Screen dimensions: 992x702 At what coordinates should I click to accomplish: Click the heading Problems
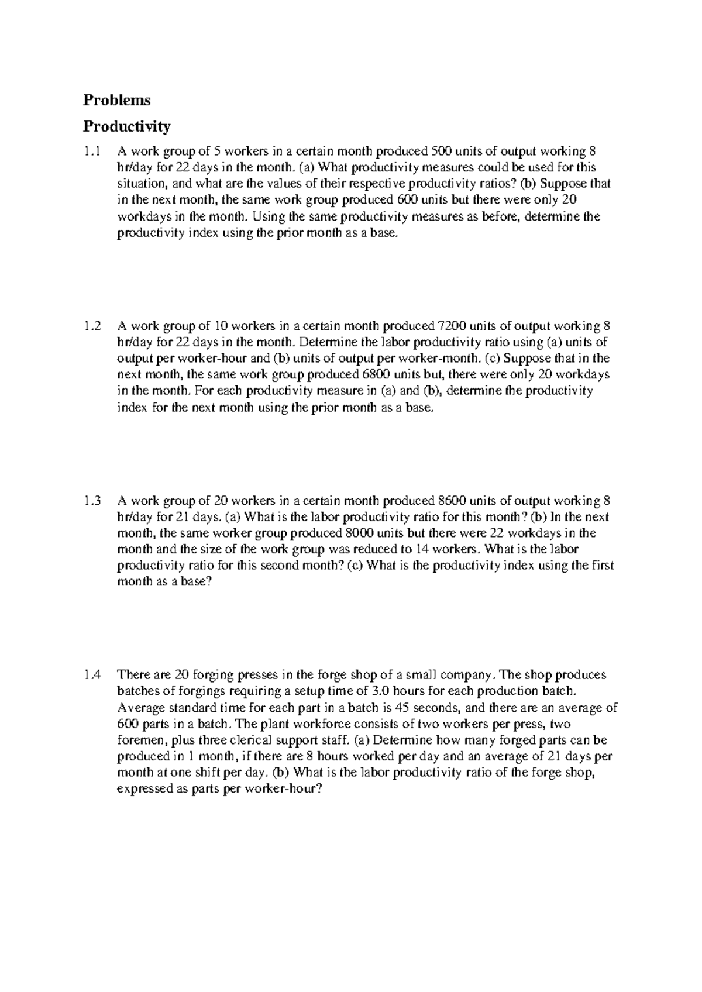[116, 100]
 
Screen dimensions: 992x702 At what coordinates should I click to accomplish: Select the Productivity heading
[126, 126]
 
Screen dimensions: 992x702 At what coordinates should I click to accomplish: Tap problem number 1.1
[92, 151]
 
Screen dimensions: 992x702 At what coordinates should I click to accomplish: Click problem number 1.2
[92, 326]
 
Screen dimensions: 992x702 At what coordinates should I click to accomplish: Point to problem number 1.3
[92, 501]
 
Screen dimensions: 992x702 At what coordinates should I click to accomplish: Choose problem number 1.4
[92, 675]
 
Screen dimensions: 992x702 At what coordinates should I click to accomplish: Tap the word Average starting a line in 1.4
[138, 708]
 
